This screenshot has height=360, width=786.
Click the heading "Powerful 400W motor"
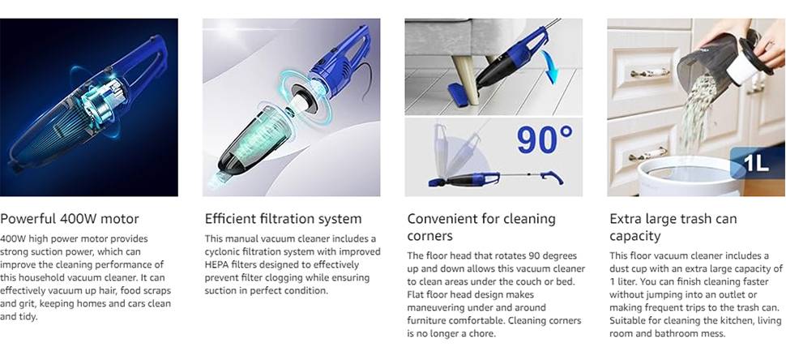[x=70, y=219]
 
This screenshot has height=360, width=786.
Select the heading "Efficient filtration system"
[x=284, y=219]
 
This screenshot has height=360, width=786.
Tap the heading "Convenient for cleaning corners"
[x=481, y=227]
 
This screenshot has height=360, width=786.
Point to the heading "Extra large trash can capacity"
[x=673, y=227]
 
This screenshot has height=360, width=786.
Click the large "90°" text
[x=545, y=140]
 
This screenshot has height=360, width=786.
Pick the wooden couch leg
[x=465, y=79]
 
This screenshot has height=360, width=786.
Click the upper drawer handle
[x=650, y=73]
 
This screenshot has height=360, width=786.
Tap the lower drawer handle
[x=648, y=154]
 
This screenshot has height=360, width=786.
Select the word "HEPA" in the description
[x=216, y=265]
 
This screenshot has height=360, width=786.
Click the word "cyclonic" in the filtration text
[x=221, y=251]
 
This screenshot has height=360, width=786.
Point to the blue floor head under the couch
[x=459, y=94]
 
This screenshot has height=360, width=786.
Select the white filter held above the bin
[x=743, y=67]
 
